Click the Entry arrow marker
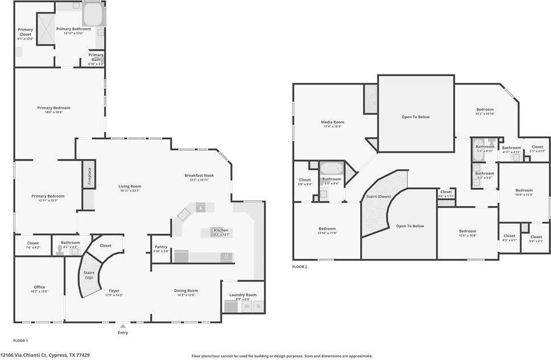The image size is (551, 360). pos(123,326)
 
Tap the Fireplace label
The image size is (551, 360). pos(89,177)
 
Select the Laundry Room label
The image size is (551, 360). pos(243,295)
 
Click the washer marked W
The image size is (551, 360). pos(247,306)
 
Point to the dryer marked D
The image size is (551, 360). pos(258,306)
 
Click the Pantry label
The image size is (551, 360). pos(161,247)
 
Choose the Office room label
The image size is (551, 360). pos(39,287)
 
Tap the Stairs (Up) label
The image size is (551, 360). pos(89,276)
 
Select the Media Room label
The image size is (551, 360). pos(333,122)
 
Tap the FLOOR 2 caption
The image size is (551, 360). pos(300,267)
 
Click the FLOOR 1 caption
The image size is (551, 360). pos(20,340)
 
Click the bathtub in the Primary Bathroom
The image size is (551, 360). pos(93,14)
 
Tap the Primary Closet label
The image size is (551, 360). pos(26,32)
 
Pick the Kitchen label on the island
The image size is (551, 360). pos(221,230)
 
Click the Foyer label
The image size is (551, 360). pos(115,291)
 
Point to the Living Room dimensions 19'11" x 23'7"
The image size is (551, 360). pos(130,191)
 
